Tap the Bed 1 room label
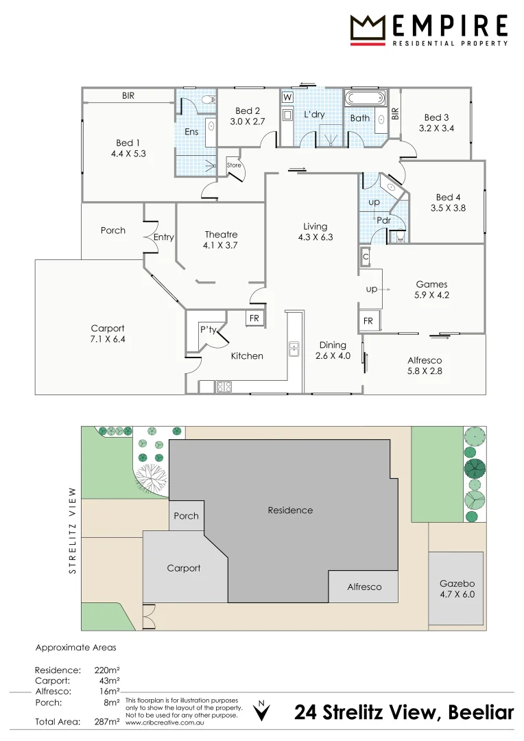pos(128,148)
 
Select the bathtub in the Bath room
pos(365,99)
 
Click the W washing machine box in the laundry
pos(287,97)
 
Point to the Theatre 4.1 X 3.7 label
pos(221,239)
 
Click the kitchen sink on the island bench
pos(294,349)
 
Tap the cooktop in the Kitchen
pos(224,387)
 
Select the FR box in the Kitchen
pos(254,318)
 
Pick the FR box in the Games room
pos(368,321)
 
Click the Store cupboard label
pos(234,165)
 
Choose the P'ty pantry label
pos(209,329)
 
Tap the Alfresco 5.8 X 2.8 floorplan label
pos(425,365)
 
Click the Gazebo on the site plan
pos(456,588)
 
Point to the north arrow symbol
pos(261,710)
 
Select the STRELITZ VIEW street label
pos(72,530)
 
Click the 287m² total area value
pos(107,722)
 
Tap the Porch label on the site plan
pos(186,515)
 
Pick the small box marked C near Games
pos(366,257)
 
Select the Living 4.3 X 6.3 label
pos(315,232)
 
